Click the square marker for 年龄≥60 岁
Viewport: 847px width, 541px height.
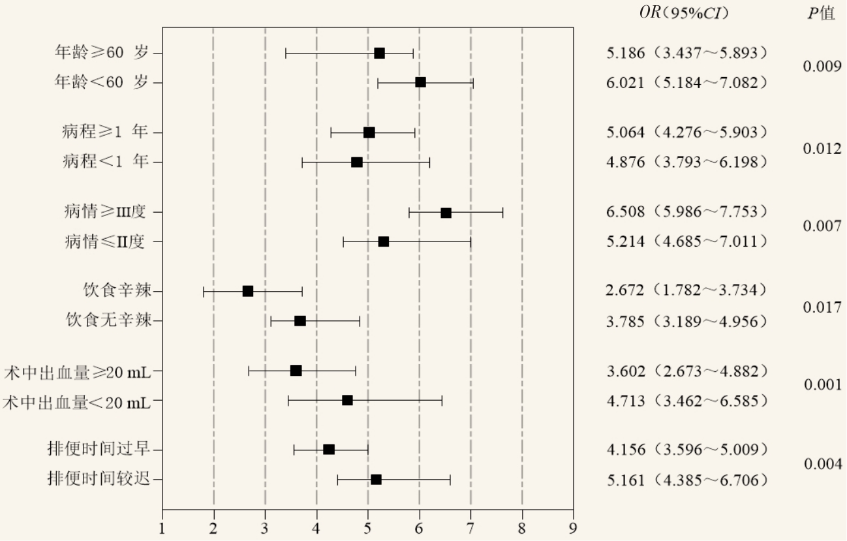coord(379,53)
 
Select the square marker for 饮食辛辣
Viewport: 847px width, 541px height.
coord(248,291)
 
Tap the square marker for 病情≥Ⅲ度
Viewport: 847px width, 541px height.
coord(446,213)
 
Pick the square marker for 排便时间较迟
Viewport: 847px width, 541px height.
coord(376,480)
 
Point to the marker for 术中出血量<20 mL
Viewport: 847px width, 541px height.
coord(347,400)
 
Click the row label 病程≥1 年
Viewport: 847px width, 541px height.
coord(105,132)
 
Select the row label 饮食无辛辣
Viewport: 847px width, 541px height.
coord(108,320)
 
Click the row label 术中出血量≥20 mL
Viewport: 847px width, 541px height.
coord(77,371)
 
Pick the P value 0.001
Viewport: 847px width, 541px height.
coord(822,385)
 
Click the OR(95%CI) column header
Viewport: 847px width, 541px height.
coord(684,13)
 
